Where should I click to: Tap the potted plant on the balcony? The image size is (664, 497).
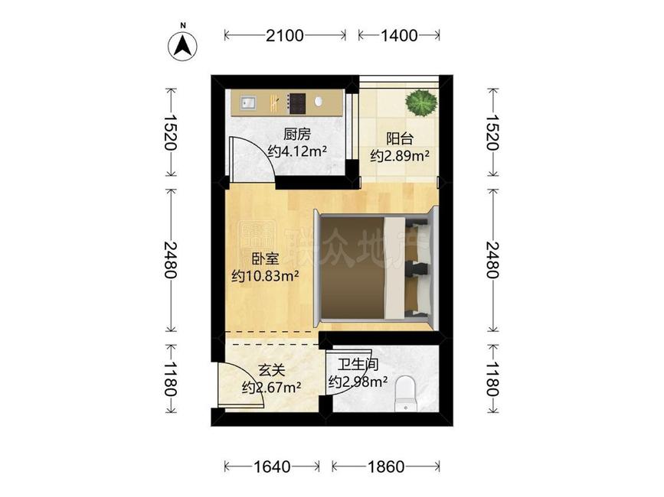[x=420, y=102]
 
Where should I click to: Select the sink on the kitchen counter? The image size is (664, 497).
[x=248, y=100]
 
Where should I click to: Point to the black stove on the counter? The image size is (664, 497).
[x=296, y=100]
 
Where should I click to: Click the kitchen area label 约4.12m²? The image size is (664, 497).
[x=297, y=151]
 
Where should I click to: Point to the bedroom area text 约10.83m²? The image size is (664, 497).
[x=265, y=275]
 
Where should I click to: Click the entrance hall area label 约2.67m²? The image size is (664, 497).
[x=271, y=387]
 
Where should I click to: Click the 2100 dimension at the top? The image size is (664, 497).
[x=285, y=35]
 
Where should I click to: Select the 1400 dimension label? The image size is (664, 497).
[x=398, y=35]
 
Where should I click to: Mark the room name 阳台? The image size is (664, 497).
[x=399, y=138]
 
